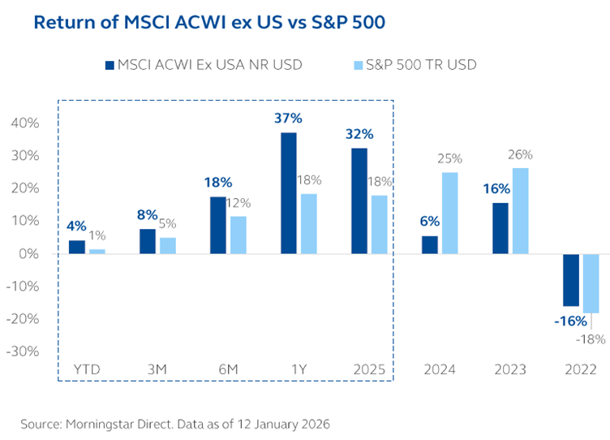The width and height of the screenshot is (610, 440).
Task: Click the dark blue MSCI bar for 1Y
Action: click(x=289, y=193)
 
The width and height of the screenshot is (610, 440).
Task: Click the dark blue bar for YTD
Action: click(x=77, y=247)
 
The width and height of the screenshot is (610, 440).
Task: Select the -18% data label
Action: click(x=590, y=339)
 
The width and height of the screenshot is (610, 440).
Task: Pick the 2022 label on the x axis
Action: click(x=582, y=369)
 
